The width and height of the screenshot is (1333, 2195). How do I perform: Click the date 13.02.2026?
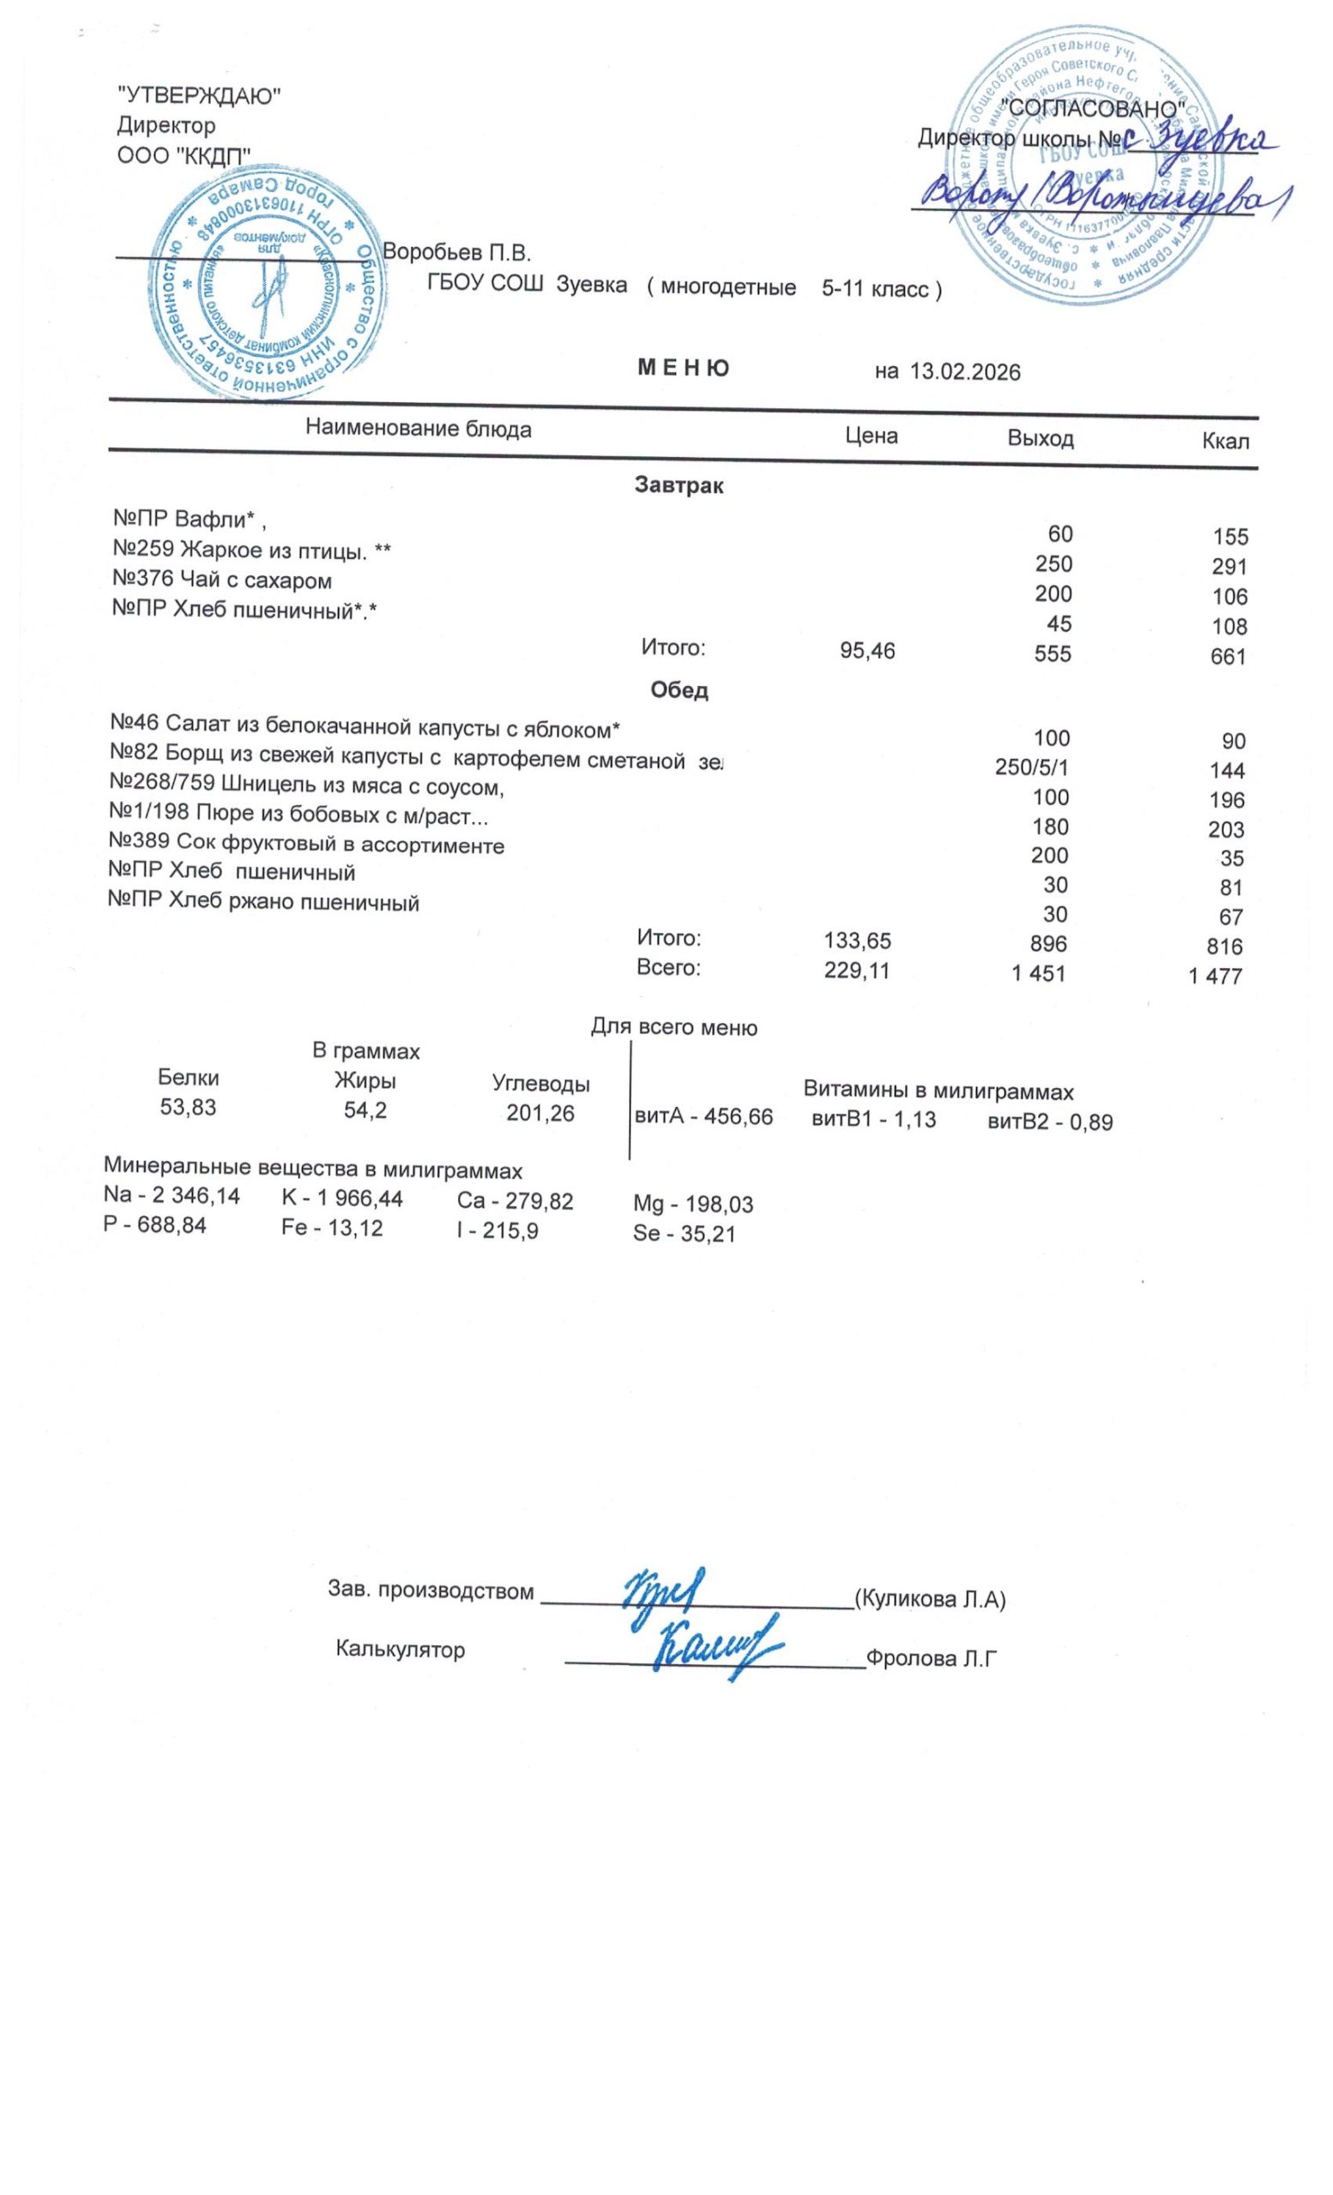[964, 372]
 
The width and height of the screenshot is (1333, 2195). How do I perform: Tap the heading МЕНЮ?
[684, 368]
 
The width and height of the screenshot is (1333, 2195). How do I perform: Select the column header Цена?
[872, 436]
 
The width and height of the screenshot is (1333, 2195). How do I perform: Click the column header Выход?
[1040, 438]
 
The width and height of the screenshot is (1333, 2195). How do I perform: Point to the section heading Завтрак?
[679, 485]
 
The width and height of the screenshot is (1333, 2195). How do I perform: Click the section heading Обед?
[679, 690]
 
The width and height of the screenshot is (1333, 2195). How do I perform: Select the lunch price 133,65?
[857, 941]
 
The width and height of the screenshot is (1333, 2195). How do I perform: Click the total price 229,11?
[856, 971]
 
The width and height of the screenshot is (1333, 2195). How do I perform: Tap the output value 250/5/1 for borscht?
[1032, 768]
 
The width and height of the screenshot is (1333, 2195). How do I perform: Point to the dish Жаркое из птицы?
[251, 551]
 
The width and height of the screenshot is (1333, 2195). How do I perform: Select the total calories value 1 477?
[1215, 977]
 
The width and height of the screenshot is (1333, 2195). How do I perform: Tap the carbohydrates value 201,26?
[540, 1113]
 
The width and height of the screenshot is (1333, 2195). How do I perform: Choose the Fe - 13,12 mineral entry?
[331, 1229]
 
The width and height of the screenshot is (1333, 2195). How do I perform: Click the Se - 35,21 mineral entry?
[684, 1234]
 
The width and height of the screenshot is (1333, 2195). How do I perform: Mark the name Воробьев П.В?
[456, 252]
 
